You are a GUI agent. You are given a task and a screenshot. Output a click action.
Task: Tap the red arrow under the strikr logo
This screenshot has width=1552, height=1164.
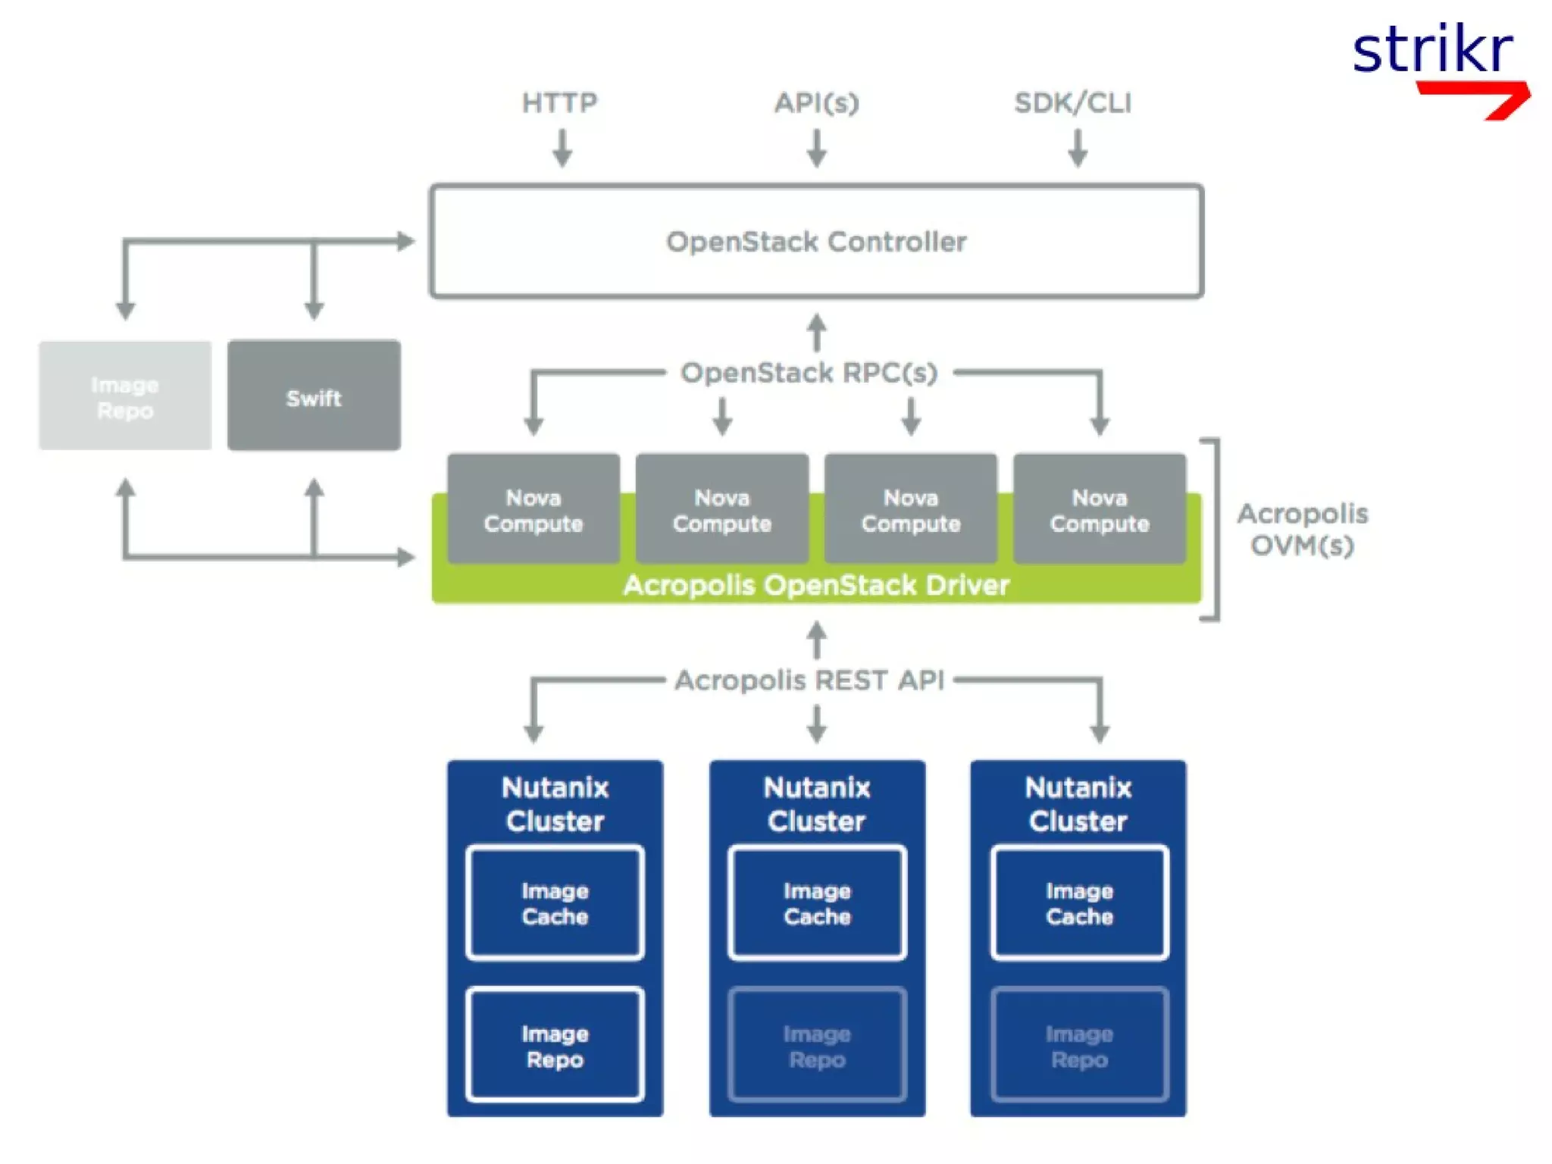[x=1478, y=97]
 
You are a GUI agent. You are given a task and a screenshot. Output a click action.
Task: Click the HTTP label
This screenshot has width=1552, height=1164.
[x=559, y=103]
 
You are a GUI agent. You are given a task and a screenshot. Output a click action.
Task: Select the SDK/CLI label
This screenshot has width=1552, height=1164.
[x=1072, y=103]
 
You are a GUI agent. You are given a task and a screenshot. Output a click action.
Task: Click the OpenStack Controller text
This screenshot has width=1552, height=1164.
[x=816, y=242]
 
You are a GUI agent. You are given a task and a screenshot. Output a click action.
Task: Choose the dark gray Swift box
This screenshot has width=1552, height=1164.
[x=314, y=396]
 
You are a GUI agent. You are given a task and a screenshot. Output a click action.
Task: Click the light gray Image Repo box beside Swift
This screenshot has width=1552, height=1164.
[x=125, y=396]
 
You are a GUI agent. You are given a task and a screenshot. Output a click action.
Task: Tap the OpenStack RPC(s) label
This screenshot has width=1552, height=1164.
[x=809, y=373]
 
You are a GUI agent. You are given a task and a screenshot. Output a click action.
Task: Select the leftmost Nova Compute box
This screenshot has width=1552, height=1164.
[x=533, y=509]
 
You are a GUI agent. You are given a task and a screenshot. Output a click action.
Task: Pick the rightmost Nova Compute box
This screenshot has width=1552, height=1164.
[x=1099, y=509]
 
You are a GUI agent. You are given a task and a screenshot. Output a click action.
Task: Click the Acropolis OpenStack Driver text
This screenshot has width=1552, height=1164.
[x=816, y=585]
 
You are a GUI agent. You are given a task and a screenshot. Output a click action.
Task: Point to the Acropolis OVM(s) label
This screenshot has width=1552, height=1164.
[x=1302, y=529]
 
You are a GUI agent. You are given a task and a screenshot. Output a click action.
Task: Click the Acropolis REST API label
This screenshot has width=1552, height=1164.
[x=809, y=680]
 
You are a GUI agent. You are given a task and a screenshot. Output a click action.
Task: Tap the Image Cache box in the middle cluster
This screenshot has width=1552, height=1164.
[x=816, y=903]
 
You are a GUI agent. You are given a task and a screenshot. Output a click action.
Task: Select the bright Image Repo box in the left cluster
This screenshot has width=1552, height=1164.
[x=555, y=1045]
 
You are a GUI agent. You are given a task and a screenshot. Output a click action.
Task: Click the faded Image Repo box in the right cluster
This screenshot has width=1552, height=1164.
[x=1078, y=1045]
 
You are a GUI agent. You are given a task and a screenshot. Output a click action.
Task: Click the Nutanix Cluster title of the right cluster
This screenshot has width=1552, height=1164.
[x=1078, y=804]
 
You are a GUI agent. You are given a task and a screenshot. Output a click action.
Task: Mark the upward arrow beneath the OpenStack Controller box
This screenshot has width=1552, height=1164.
[x=816, y=332]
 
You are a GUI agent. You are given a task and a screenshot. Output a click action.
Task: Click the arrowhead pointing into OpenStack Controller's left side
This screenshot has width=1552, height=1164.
[x=407, y=242]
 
